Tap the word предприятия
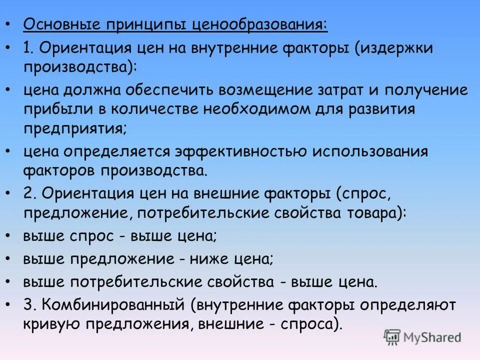(x=74, y=127)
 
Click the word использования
(x=373, y=151)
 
